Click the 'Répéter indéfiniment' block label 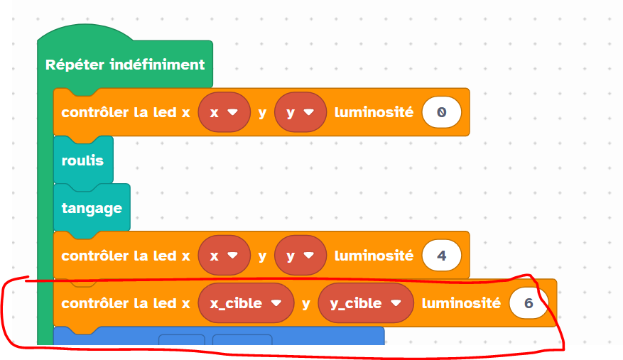point(125,65)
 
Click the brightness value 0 point(441,112)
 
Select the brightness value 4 point(441,256)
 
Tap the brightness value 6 point(529,303)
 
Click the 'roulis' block point(82,160)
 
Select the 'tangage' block point(92,208)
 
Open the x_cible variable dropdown point(246,303)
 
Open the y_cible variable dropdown point(366,303)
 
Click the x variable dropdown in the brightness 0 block point(224,112)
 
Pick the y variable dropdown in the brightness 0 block point(299,112)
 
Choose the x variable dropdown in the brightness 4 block point(224,256)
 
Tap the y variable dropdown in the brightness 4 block point(299,256)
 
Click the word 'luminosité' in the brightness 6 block point(461,303)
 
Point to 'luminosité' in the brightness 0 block point(374,112)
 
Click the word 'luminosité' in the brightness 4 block point(374,256)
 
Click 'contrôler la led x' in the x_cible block point(126,303)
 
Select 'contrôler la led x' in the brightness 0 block point(126,112)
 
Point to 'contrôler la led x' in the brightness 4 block point(126,256)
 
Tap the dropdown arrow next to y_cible point(398,303)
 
